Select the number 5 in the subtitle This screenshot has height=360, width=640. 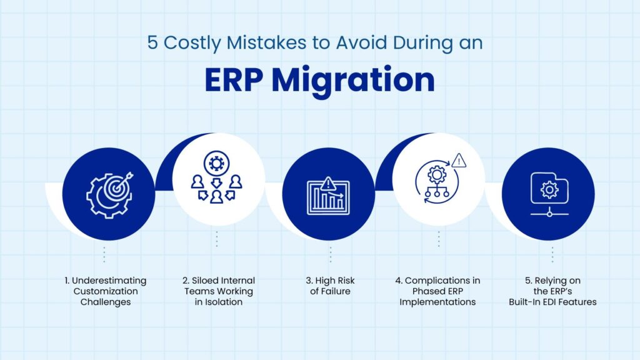click(x=152, y=43)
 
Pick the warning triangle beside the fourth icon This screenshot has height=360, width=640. click(x=459, y=161)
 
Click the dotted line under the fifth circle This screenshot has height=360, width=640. click(x=552, y=254)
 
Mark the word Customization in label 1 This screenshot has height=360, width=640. click(x=106, y=291)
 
